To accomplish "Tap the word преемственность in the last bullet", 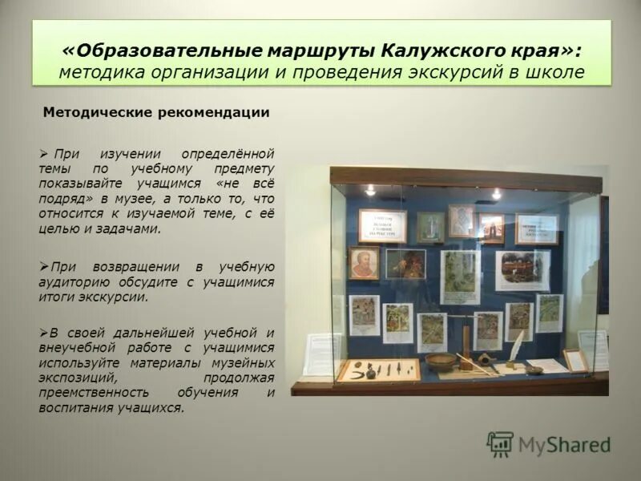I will click(x=91, y=393).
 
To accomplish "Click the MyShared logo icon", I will click(x=500, y=443).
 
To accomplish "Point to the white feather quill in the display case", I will click(x=516, y=346).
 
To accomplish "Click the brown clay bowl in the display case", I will click(x=441, y=361).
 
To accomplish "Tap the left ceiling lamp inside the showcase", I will click(x=370, y=191).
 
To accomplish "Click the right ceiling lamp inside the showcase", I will click(x=496, y=194).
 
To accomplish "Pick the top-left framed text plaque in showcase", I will click(x=382, y=225).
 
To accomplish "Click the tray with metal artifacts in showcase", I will click(x=378, y=371).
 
